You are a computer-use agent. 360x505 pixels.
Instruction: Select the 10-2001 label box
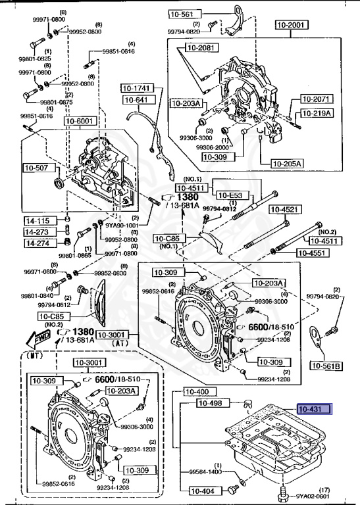pos(290,25)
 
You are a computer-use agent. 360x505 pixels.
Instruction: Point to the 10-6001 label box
pos(80,121)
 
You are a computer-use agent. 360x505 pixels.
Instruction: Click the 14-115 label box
pos(38,220)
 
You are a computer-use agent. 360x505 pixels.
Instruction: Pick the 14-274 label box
pos(38,243)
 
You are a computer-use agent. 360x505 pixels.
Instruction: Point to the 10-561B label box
pos(327,366)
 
